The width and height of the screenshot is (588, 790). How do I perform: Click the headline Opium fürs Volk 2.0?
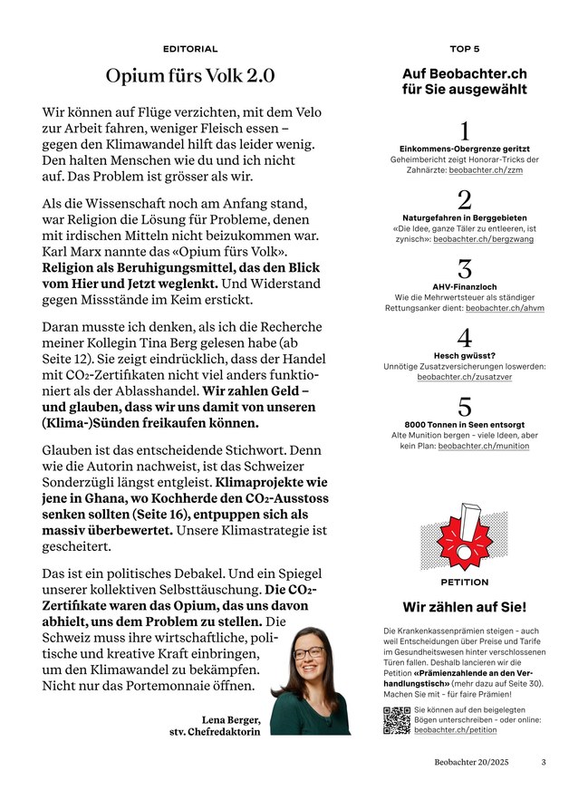[x=190, y=76]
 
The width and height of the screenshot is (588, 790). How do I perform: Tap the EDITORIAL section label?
[x=190, y=48]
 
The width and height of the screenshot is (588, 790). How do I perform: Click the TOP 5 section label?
[x=464, y=48]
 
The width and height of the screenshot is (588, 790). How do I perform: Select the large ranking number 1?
[x=465, y=130]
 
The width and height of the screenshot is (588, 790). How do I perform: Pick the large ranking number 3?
[x=465, y=269]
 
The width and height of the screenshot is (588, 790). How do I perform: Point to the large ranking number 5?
[x=465, y=407]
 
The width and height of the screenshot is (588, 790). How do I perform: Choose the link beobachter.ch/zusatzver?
[x=464, y=377]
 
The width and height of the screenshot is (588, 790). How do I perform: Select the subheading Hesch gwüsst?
[x=464, y=355]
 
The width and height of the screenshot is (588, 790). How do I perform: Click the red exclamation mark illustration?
[x=464, y=534]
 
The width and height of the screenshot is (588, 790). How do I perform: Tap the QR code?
[x=397, y=719]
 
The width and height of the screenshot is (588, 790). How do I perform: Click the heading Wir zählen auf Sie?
[x=464, y=607]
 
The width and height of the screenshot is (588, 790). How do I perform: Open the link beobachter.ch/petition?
[x=455, y=729]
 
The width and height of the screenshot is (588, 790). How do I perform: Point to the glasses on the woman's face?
[x=309, y=652]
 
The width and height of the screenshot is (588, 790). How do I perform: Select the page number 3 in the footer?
[x=544, y=763]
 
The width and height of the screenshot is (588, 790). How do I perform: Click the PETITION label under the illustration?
[x=464, y=583]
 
